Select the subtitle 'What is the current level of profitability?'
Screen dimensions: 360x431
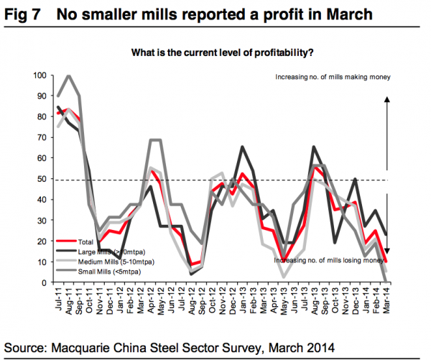tap(221, 53)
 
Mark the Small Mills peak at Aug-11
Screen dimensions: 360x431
tap(69, 76)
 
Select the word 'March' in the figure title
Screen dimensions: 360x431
tap(352, 14)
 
